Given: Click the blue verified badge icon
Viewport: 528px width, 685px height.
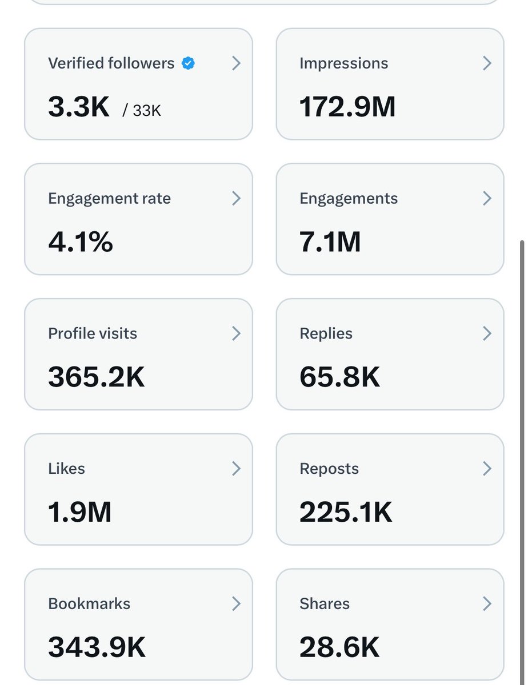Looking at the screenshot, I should pos(188,63).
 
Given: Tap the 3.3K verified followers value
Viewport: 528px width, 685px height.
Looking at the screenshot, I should pos(79,107).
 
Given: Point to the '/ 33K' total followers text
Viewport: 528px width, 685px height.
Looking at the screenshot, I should pos(142,110).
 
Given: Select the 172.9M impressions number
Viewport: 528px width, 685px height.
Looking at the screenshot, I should pos(347,107).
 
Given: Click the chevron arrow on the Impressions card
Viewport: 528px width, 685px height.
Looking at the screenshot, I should pos(487,63).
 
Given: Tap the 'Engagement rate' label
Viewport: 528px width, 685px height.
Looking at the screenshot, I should pos(109,199).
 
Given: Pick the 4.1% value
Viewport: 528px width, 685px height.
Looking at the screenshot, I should pos(81,242).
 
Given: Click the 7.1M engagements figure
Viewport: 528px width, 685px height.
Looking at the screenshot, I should pos(330,242).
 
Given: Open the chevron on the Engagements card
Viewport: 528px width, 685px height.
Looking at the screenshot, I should pos(487,199).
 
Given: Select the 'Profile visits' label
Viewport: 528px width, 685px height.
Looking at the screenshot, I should pos(93,333).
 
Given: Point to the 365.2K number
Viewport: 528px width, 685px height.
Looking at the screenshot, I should pos(97,377).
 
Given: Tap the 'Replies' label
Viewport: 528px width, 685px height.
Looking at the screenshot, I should pos(326,333).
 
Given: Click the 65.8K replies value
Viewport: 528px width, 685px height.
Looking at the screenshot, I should pos(339,377).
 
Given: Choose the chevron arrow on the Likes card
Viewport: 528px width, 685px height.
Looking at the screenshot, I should pos(236,469).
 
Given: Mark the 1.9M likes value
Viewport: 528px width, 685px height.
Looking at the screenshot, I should pos(79,512).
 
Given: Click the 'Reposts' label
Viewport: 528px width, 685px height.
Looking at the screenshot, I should pos(329,469).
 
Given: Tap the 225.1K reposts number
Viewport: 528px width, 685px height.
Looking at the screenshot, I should pos(346,512).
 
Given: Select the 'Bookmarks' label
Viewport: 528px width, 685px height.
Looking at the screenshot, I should pos(89,604).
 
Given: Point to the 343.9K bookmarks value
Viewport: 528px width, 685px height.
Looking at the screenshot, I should pos(97,647).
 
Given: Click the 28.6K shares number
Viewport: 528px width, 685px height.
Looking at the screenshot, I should pos(339,647).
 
